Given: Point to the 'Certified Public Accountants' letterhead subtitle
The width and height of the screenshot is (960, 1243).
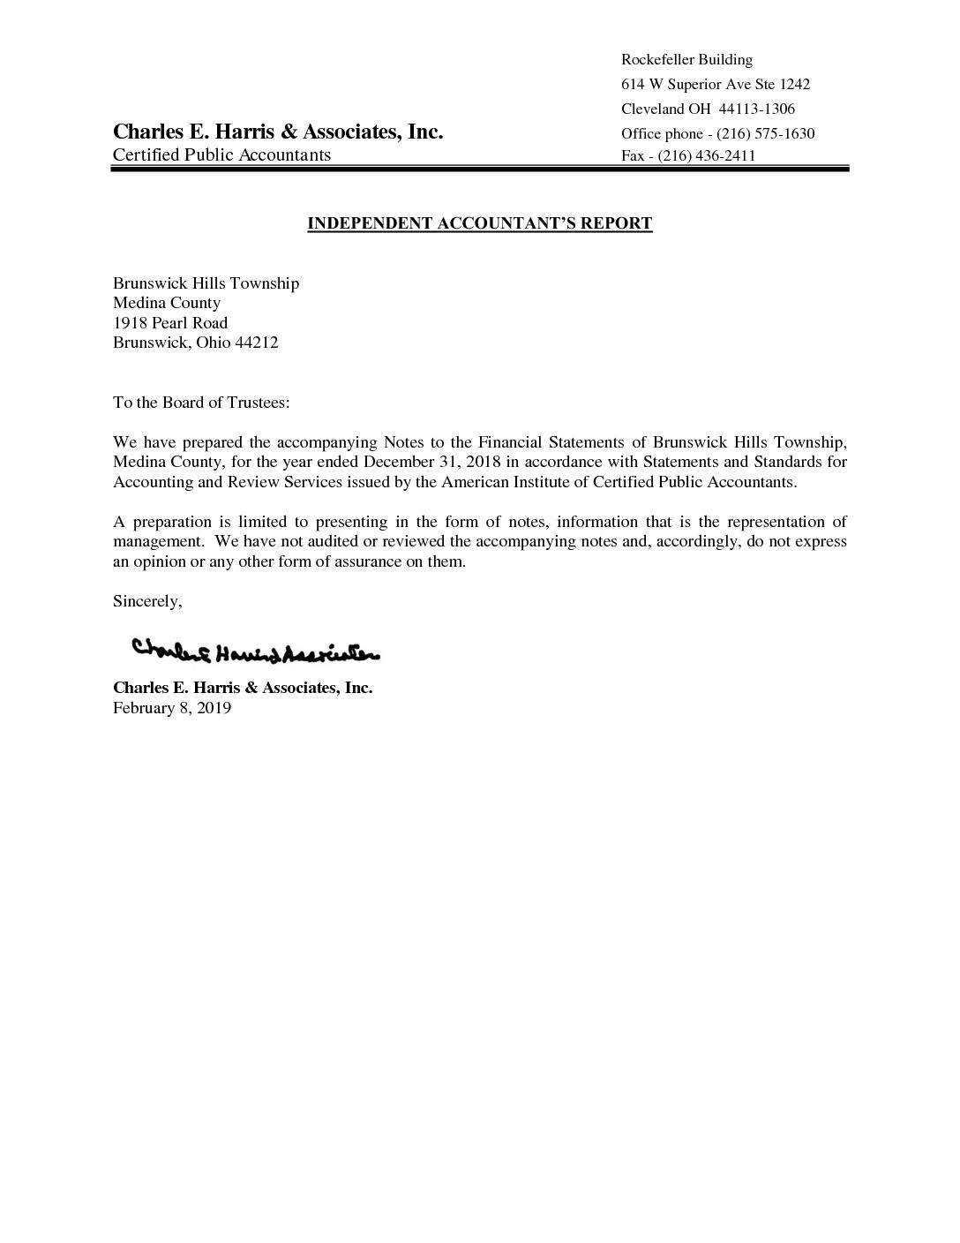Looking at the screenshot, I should (221, 155).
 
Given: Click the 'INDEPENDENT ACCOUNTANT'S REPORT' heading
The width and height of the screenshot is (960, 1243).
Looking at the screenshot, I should (479, 223).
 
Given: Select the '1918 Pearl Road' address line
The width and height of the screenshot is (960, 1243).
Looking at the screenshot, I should (170, 323).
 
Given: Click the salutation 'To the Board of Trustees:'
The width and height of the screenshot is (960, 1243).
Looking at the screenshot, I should (201, 403).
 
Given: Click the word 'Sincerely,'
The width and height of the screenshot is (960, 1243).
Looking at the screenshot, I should (147, 601).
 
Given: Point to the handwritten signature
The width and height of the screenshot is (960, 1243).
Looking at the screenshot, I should (256, 652).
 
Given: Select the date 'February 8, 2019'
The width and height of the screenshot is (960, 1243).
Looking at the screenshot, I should (172, 707).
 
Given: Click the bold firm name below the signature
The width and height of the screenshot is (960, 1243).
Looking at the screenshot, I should (243, 688).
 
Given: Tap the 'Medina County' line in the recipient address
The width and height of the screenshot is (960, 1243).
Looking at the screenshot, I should (167, 303).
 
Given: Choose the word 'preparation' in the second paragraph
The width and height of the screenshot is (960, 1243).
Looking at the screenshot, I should (169, 522).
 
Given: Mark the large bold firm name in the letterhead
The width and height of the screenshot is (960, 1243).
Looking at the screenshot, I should (277, 132).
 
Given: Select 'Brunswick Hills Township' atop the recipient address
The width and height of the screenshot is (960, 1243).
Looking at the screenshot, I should (206, 283).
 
